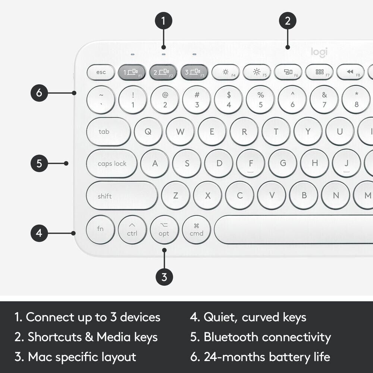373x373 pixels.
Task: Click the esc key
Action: click(x=101, y=72)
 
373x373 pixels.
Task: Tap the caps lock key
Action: click(x=112, y=164)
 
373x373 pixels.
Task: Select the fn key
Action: click(x=100, y=229)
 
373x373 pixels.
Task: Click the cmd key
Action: click(x=196, y=230)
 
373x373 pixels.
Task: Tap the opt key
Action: click(x=164, y=230)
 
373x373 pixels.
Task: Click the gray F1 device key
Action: click(x=132, y=72)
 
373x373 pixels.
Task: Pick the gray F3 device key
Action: click(x=194, y=72)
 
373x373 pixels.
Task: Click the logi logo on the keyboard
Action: click(x=319, y=52)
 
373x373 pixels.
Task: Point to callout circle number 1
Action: click(x=163, y=21)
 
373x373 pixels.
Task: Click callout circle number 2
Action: click(x=287, y=21)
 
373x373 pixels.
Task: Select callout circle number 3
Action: click(x=164, y=277)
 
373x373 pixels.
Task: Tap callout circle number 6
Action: click(x=40, y=93)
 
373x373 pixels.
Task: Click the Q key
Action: click(x=148, y=132)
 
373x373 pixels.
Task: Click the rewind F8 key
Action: click(x=350, y=72)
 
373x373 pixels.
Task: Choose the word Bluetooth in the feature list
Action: click(x=231, y=337)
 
